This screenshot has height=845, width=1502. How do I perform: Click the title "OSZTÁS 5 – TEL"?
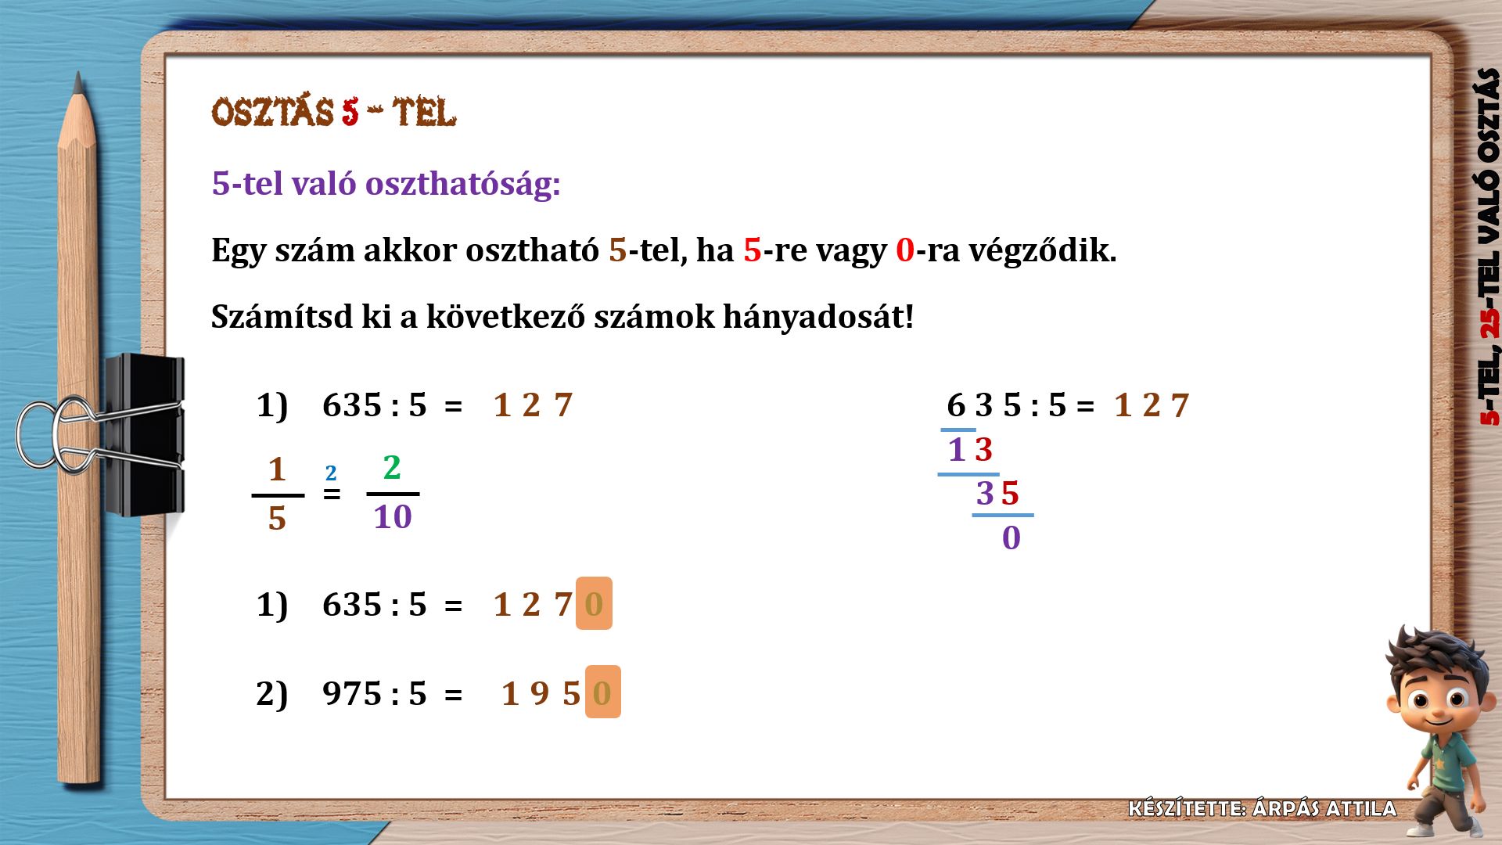pyautogui.click(x=334, y=113)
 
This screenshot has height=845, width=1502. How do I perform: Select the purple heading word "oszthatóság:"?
pyautogui.click(x=462, y=185)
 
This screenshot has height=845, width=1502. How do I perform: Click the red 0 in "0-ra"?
pyautogui.click(x=904, y=250)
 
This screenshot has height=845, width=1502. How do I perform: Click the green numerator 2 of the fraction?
pyautogui.click(x=392, y=467)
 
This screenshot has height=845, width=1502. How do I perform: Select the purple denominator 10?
pyautogui.click(x=393, y=516)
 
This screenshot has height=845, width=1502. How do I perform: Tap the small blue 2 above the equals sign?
pyautogui.click(x=331, y=473)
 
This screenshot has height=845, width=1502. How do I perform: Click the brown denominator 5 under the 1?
pyautogui.click(x=277, y=518)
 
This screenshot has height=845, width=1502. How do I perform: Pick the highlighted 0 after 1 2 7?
pyautogui.click(x=594, y=603)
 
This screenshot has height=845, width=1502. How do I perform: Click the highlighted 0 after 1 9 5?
pyautogui.click(x=602, y=692)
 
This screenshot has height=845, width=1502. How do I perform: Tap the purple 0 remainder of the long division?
pyautogui.click(x=1012, y=538)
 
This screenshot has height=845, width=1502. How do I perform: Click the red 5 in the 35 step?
pyautogui.click(x=1010, y=493)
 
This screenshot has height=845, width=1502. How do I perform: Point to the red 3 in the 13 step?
pyautogui.click(x=983, y=449)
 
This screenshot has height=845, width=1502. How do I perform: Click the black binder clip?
pyautogui.click(x=144, y=435)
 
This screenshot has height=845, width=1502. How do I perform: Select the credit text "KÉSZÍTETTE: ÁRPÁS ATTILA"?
pyautogui.click(x=1262, y=808)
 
